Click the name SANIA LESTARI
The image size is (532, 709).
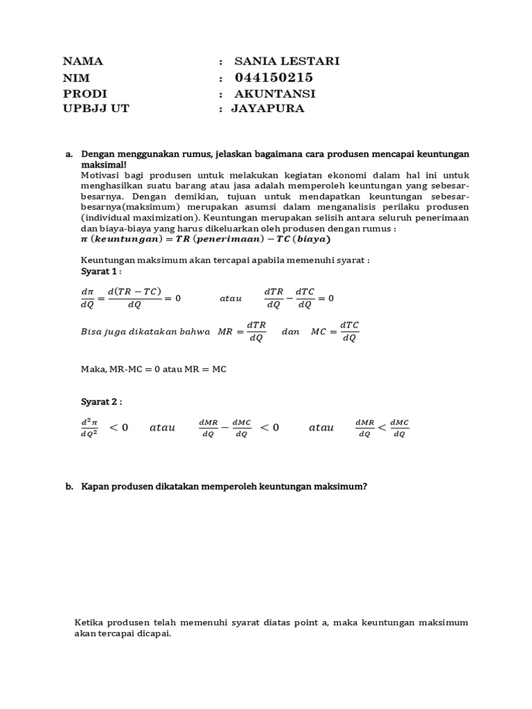coord(287,61)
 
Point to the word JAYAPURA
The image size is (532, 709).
coord(267,109)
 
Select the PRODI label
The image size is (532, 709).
coord(85,93)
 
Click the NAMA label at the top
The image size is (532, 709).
coord(82,61)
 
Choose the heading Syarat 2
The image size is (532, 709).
coord(101,402)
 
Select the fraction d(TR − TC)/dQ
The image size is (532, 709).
coord(134,298)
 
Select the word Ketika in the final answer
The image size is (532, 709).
coord(89,622)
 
